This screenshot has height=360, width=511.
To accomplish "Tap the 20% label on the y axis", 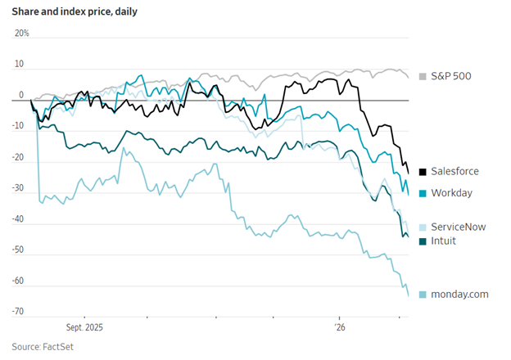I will pyautogui.click(x=22, y=34).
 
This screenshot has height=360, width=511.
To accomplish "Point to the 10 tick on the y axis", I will pyautogui.click(x=19, y=65).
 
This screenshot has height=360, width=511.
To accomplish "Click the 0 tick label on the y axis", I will pyautogui.click(x=22, y=96).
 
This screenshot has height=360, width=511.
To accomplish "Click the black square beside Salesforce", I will pyautogui.click(x=423, y=172).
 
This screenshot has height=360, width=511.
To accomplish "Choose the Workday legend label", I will pyautogui.click(x=452, y=193).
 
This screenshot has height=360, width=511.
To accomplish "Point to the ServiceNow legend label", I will pyautogui.click(x=458, y=227).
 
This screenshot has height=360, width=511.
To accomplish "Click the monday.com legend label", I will pyautogui.click(x=459, y=295).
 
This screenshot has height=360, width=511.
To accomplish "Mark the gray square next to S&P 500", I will pyautogui.click(x=423, y=77).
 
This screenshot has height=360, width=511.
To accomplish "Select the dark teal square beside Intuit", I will pyautogui.click(x=423, y=241).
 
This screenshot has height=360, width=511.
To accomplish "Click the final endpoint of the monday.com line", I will pyautogui.click(x=409, y=296).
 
